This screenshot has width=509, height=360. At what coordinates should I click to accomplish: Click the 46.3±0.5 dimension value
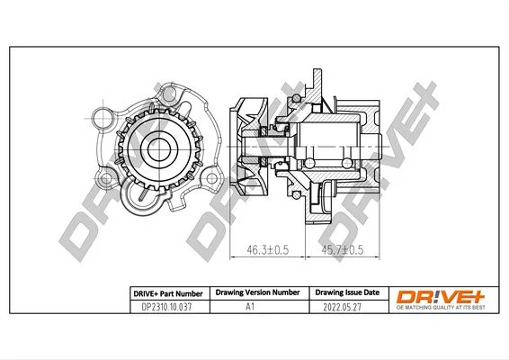pyautogui.click(x=267, y=249)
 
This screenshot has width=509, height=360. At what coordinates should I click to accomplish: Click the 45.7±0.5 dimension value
pyautogui.click(x=343, y=249)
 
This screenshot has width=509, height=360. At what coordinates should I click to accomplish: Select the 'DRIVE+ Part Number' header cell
pyautogui.click(x=168, y=293)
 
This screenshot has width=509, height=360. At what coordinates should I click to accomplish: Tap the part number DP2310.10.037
pyautogui.click(x=167, y=307)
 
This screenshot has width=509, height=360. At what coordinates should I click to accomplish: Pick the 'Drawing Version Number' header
pyautogui.click(x=258, y=292)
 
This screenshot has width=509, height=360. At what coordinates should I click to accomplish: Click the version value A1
pyautogui.click(x=250, y=306)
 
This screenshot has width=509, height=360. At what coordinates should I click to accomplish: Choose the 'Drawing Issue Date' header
pyautogui.click(x=347, y=292)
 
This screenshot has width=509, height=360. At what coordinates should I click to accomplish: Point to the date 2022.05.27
pyautogui.click(x=342, y=307)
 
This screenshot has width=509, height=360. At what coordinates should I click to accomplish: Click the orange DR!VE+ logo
pyautogui.click(x=441, y=297)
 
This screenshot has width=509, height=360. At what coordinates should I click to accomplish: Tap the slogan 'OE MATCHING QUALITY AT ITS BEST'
pyautogui.click(x=441, y=308)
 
